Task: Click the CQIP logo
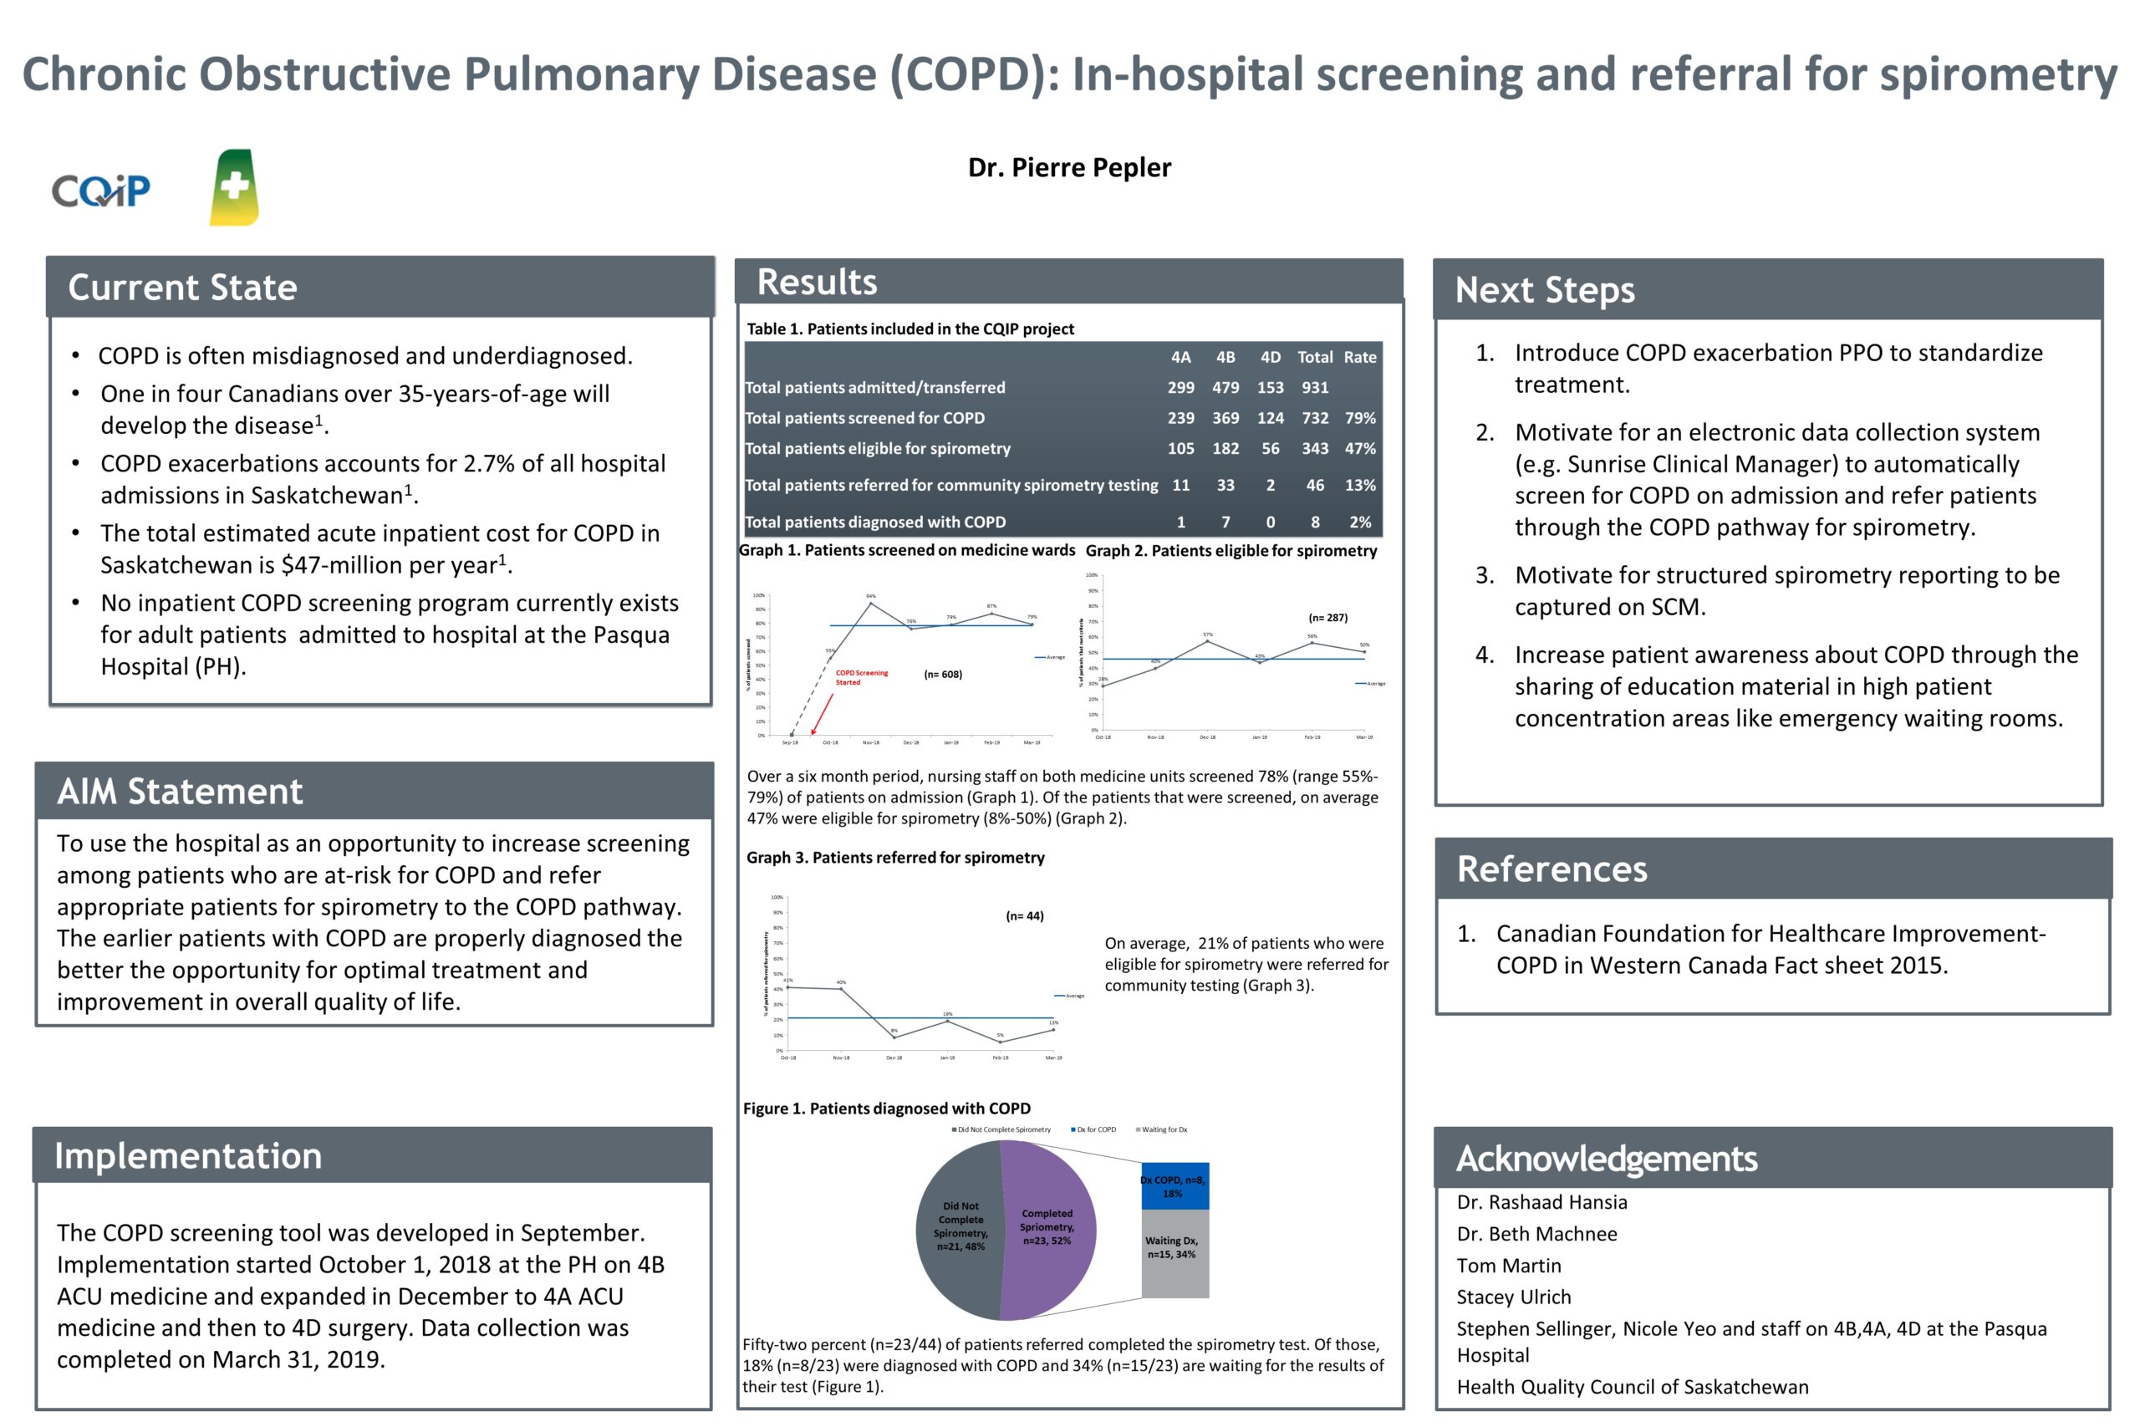[x=100, y=191]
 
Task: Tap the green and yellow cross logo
[x=234, y=187]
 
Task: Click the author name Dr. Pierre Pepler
[x=1069, y=167]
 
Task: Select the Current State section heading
[x=182, y=288]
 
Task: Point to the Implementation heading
[x=187, y=1156]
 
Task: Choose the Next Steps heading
[x=1544, y=290]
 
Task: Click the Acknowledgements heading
[x=1606, y=1159]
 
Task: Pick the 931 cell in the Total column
[x=1314, y=388]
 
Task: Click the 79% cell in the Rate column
[x=1359, y=419]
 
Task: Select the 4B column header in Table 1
[x=1225, y=358]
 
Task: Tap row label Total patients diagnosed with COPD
[x=875, y=522]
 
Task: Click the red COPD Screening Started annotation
[x=861, y=677]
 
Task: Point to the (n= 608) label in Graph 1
[x=943, y=675]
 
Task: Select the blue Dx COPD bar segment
[x=1174, y=1186]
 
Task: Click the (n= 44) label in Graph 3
[x=1025, y=915]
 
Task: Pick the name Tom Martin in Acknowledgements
[x=1509, y=1266]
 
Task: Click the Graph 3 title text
[x=895, y=858]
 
